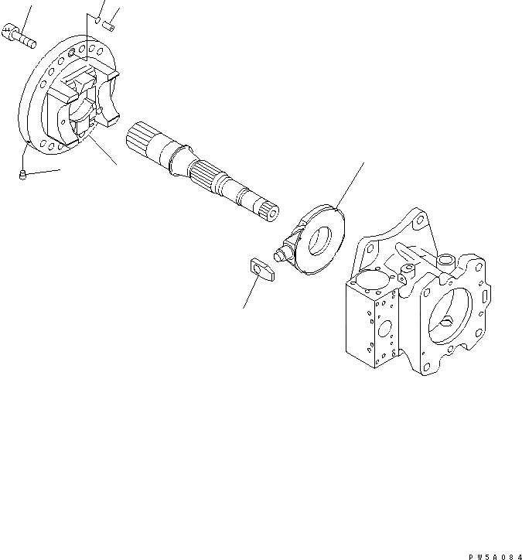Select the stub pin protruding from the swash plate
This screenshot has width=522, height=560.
pos(282,252)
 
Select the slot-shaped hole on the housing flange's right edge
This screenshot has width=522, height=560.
pos(485,295)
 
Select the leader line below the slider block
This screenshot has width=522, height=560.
pos(251,294)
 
